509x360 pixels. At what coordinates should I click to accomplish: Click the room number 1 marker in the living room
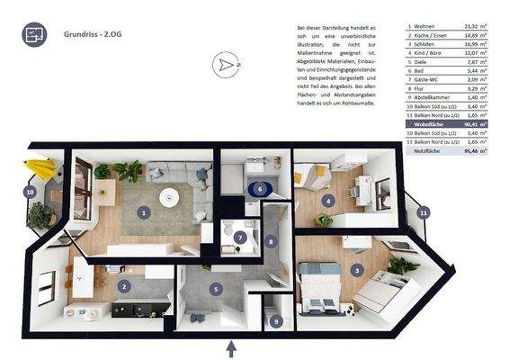coord(143,212)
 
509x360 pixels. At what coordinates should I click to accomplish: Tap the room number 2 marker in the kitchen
coord(125,285)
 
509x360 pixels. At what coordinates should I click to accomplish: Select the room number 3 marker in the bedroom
coord(357,270)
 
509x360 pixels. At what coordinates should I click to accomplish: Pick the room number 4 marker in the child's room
coord(329,200)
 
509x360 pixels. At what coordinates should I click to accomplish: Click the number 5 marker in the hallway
coord(215,289)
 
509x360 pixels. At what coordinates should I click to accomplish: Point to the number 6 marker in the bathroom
coord(259,189)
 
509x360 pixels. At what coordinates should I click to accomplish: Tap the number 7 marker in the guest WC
coord(240,237)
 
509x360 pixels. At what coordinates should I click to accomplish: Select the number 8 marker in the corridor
coord(270,240)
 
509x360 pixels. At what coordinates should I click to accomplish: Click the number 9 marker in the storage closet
coord(275,320)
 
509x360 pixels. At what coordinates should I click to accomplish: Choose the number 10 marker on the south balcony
coord(30,191)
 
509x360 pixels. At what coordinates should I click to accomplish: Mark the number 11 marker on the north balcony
coord(424,212)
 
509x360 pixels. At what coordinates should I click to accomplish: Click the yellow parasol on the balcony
coord(40,169)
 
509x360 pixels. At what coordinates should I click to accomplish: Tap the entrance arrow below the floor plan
coord(231,346)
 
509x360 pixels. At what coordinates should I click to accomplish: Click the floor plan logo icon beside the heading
coord(34,35)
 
